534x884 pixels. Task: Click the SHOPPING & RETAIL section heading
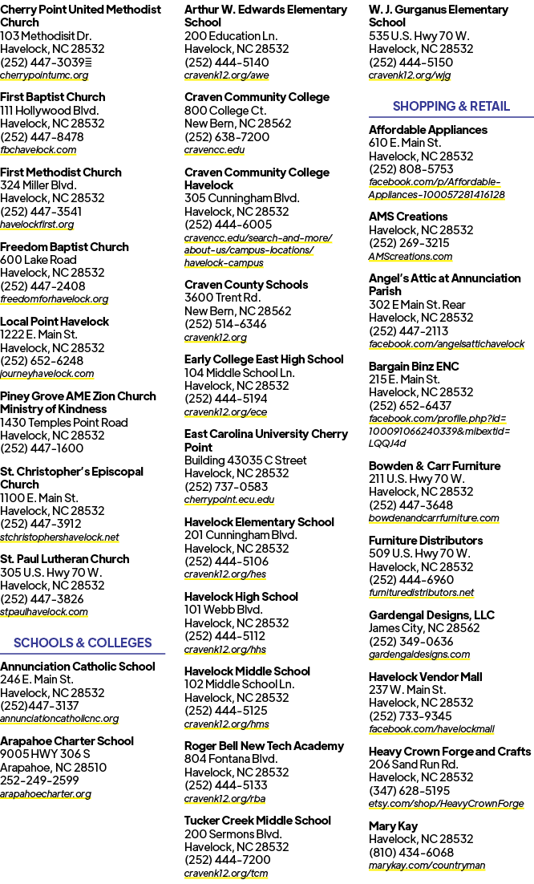point(451,106)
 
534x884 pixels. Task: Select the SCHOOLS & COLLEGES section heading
point(83,643)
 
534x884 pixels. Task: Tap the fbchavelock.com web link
point(38,150)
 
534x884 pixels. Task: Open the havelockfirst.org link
point(37,225)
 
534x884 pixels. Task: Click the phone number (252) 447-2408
point(42,286)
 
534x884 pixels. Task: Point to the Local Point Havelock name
point(55,322)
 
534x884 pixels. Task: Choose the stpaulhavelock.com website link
point(44,612)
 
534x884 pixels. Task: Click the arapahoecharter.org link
point(46,794)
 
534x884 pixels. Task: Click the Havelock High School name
point(241,597)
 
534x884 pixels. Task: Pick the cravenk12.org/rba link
point(225,798)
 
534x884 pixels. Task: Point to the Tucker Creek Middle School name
point(257,821)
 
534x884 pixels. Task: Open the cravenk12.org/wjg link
point(410,75)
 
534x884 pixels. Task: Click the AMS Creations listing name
point(408,217)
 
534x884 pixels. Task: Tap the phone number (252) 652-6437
point(410,405)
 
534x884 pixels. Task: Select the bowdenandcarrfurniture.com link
point(434,517)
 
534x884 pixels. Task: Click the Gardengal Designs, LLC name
point(431,615)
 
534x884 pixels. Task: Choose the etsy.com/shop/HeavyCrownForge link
point(446,803)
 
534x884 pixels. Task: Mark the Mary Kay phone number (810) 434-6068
point(411,853)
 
